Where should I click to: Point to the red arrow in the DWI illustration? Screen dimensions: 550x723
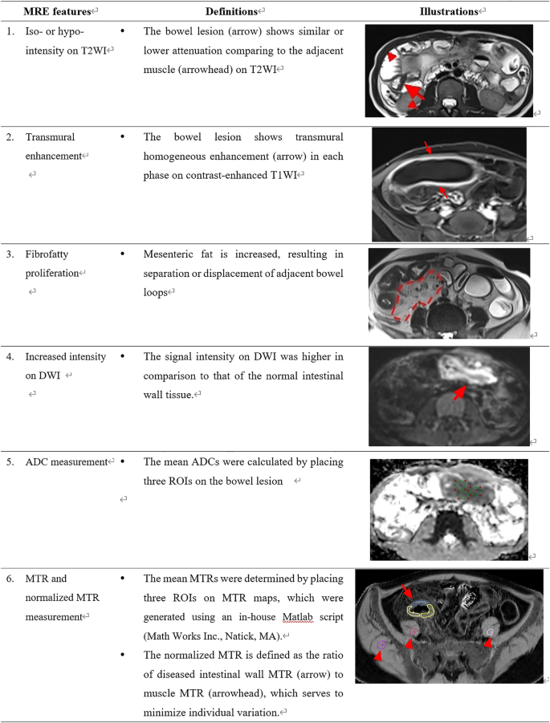[458, 393]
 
